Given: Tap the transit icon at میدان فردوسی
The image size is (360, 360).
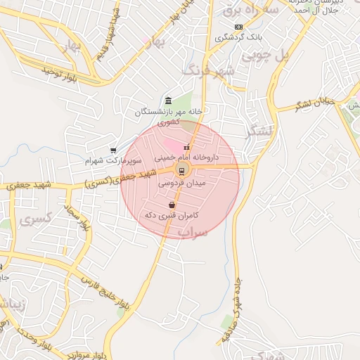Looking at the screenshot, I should pos(182,170).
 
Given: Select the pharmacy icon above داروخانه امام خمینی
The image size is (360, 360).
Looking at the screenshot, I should pos(187,148).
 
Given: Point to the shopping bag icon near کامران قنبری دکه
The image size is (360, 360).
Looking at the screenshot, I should pos(172,205).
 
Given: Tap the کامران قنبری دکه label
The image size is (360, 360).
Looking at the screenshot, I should pos(172,214).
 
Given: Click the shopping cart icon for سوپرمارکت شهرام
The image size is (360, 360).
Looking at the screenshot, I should pos(113,150).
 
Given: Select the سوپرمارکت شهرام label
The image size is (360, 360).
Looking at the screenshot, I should pos(108,160).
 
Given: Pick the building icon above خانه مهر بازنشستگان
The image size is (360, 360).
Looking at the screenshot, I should pos(168,101).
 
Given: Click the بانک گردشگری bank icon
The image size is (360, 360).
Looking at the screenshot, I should pos(239,27).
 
